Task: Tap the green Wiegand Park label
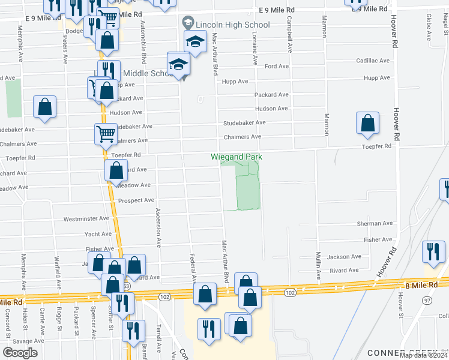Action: coord(237,157)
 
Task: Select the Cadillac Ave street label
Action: coord(373,61)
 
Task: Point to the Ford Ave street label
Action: coord(277,66)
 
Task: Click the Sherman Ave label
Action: coord(375,223)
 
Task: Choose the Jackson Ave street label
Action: coord(345,256)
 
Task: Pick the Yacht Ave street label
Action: coord(97,234)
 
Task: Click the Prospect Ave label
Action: coord(136,200)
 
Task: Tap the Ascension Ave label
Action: coord(158,228)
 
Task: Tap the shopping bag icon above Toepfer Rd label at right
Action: coord(367,122)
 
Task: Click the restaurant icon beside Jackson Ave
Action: coord(433,251)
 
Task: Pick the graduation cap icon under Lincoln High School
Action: coord(194,42)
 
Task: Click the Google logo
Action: coord(20,353)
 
